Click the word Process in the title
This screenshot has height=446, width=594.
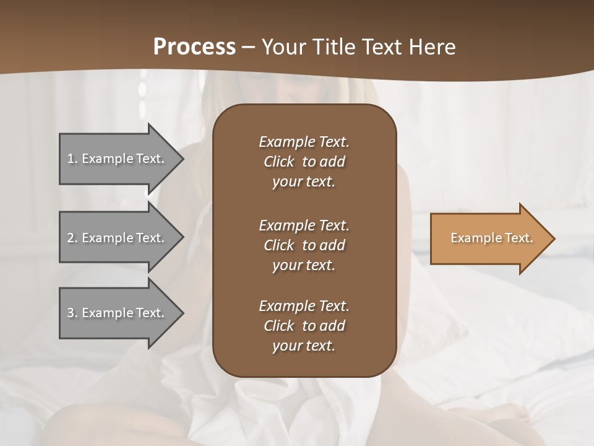pos(194,47)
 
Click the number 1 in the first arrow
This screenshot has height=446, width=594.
pos(71,159)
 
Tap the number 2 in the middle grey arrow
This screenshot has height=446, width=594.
pos(71,238)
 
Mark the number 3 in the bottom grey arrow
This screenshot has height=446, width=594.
pos(71,313)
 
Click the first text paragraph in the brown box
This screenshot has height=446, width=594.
pos(304,162)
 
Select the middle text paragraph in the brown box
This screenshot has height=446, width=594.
pos(304,245)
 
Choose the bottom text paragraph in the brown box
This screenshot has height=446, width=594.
pos(304,326)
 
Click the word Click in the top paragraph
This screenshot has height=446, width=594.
pos(278,162)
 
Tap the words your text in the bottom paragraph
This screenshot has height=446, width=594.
pos(304,346)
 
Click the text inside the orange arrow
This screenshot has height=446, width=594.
pos(492,238)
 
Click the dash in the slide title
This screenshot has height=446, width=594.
pos(248,47)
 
